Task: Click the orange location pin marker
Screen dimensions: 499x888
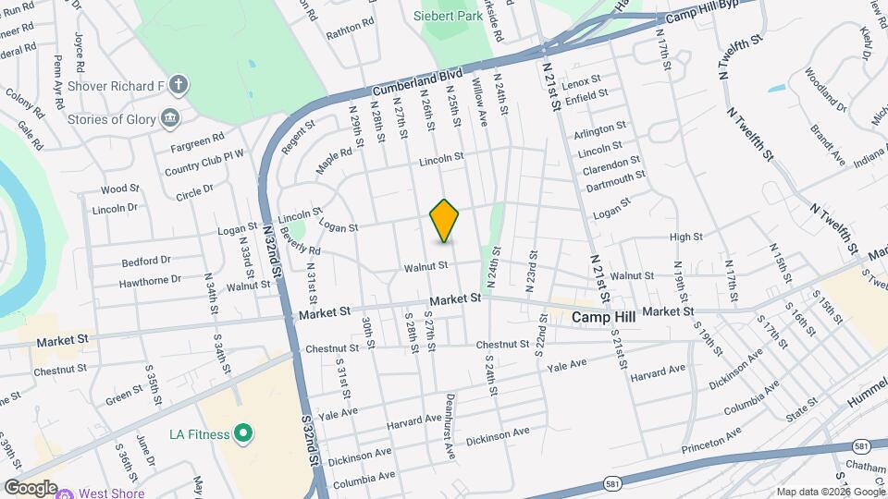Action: pos(444,221)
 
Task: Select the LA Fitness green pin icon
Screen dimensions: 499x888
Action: pos(243,432)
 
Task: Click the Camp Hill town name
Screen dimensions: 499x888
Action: pos(607,317)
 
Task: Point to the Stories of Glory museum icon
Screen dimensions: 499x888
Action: pos(170,117)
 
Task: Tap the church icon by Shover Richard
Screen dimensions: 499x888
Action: pos(179,85)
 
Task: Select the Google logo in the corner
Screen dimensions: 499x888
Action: pos(30,487)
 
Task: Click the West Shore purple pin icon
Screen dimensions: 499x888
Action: pos(65,493)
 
